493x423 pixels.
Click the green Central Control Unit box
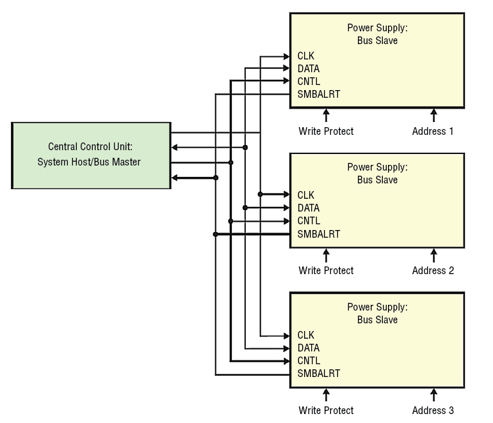tap(91, 155)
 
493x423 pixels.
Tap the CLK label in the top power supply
tap(306, 56)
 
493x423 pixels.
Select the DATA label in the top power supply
tap(309, 69)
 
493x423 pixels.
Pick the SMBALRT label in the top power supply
tap(319, 95)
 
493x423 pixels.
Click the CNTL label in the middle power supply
tap(309, 221)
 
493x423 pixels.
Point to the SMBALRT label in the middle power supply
tap(319, 234)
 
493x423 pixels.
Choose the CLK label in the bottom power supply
tap(306, 335)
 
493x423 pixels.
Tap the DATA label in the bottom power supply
tap(309, 348)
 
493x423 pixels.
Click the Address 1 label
tap(433, 131)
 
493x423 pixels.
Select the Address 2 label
tap(433, 270)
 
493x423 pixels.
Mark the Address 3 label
tap(433, 410)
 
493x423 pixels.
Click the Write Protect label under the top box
tap(326, 131)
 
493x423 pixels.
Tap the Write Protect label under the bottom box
tap(326, 410)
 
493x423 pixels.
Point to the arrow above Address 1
tap(433, 115)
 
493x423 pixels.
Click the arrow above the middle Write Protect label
tap(326, 255)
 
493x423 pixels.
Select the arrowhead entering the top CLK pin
tap(286, 56)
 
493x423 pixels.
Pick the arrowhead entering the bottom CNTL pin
tap(286, 361)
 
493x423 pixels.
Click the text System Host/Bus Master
tap(89, 162)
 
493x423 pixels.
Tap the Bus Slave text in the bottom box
tap(377, 319)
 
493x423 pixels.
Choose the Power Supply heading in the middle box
tap(377, 167)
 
